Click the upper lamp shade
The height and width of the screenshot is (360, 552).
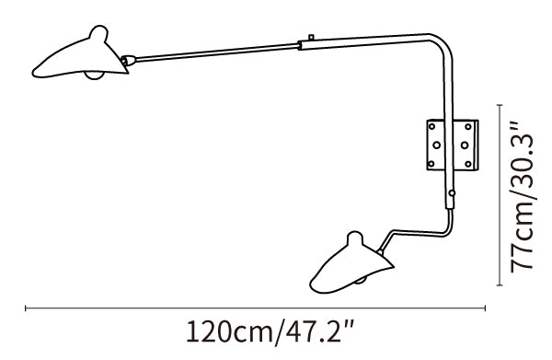pyautogui.click(x=81, y=60)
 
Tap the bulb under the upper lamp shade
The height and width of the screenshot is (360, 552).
pyautogui.click(x=95, y=75)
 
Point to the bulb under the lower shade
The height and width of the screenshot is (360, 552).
pyautogui.click(x=360, y=280)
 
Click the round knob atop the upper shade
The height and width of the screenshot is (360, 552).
pyautogui.click(x=98, y=33)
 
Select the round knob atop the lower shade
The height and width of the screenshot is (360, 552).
pyautogui.click(x=355, y=238)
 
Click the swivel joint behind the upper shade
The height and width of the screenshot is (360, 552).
pyautogui.click(x=128, y=61)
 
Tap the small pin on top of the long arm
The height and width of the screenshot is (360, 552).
pyautogui.click(x=311, y=37)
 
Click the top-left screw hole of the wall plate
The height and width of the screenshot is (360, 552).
pyautogui.click(x=431, y=126)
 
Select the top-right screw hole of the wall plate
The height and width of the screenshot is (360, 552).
pyautogui.click(x=468, y=126)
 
